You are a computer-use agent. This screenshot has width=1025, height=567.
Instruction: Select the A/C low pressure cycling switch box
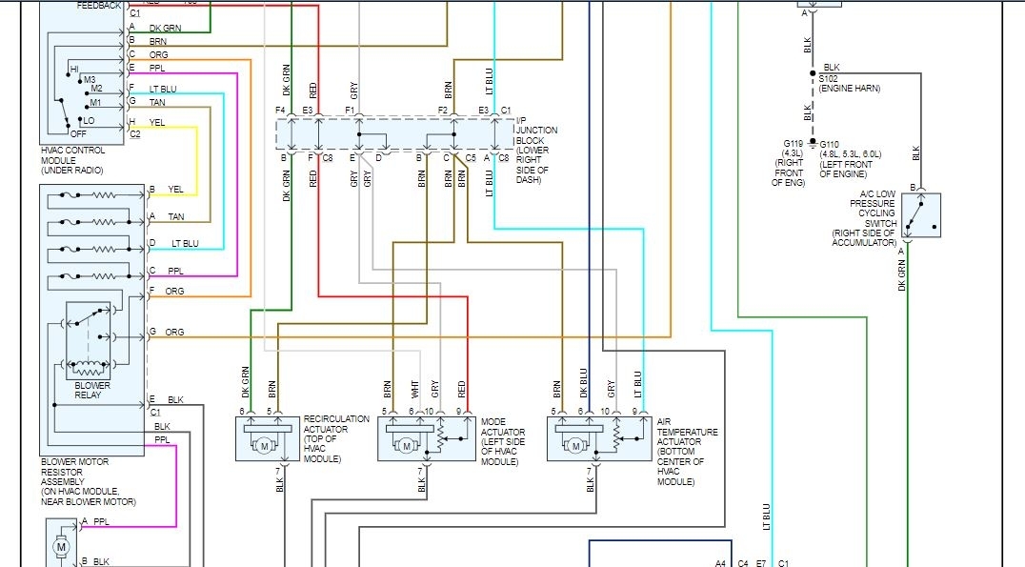pos(920,216)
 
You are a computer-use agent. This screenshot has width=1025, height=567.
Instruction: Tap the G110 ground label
pos(834,144)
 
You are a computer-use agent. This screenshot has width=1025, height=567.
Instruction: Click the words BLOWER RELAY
pos(91,391)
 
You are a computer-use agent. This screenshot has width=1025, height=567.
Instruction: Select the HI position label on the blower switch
pos(74,70)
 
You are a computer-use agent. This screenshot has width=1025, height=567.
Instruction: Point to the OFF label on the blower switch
pos(78,133)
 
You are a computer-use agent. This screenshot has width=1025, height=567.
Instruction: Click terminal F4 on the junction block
pos(281,111)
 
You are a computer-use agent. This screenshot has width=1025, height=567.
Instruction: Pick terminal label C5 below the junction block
pos(471,157)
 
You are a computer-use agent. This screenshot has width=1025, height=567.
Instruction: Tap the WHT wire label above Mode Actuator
pos(414,389)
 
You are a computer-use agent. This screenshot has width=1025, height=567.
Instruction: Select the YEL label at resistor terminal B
pos(175,190)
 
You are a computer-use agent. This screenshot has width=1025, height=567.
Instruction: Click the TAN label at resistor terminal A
pos(176,216)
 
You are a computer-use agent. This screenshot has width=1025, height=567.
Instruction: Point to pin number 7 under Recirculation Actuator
pos(278,471)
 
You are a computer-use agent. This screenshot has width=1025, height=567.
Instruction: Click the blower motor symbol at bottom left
pos(62,547)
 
